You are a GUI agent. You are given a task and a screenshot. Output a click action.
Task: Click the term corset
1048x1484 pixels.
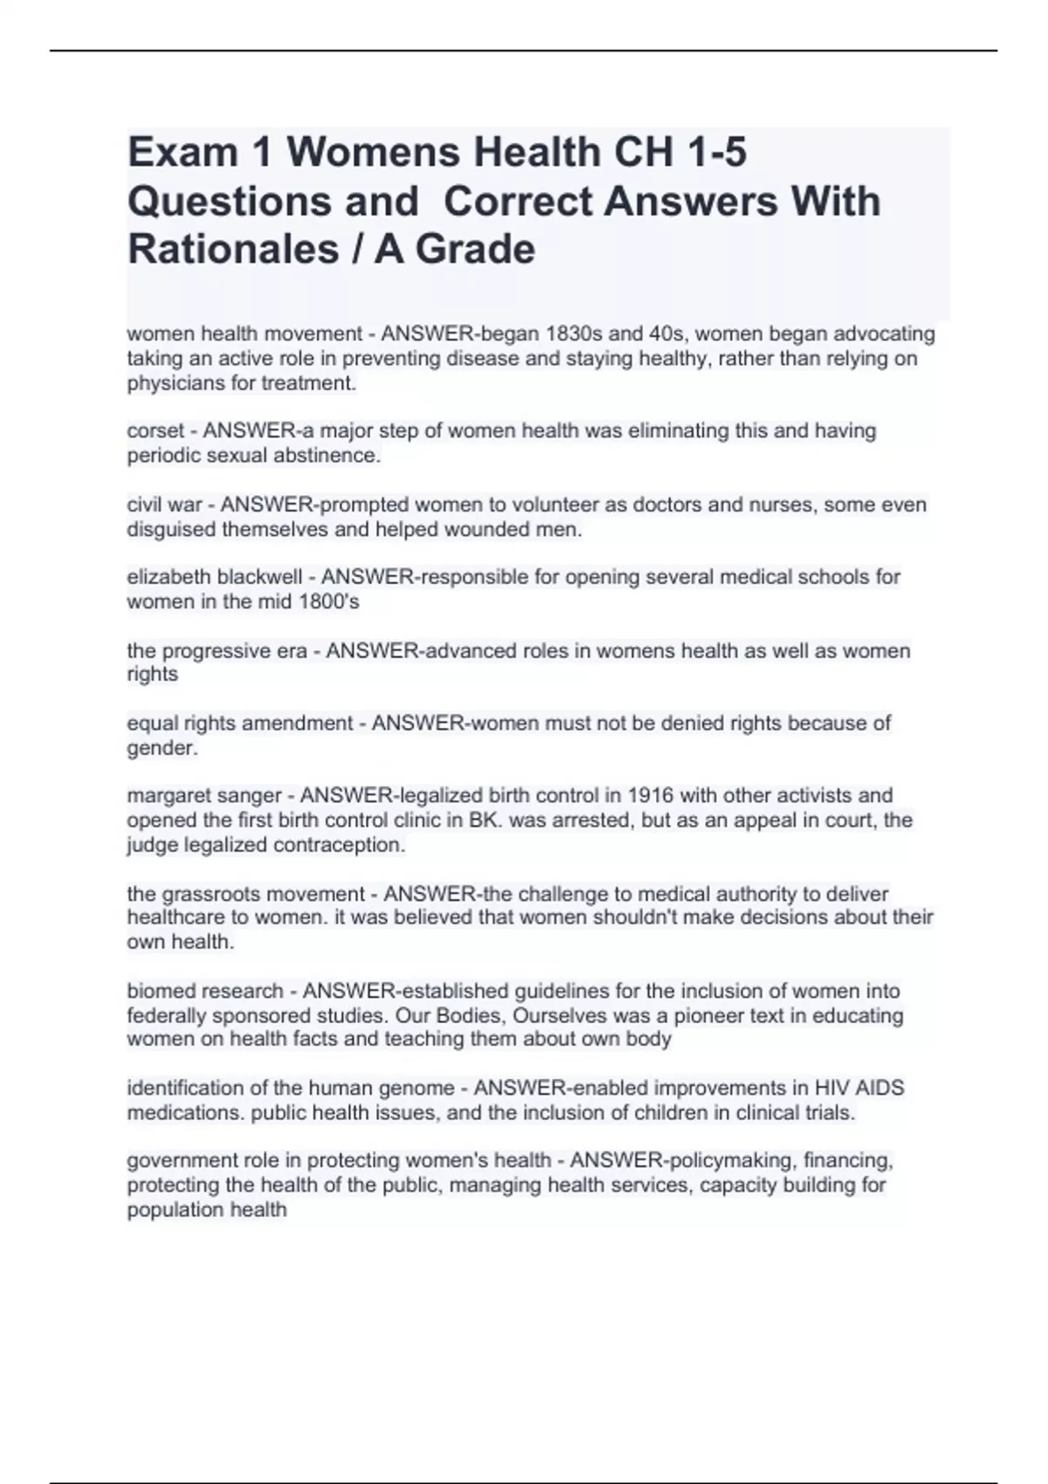[x=155, y=430]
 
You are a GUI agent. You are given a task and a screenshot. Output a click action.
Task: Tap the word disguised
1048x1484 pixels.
[x=172, y=529]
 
